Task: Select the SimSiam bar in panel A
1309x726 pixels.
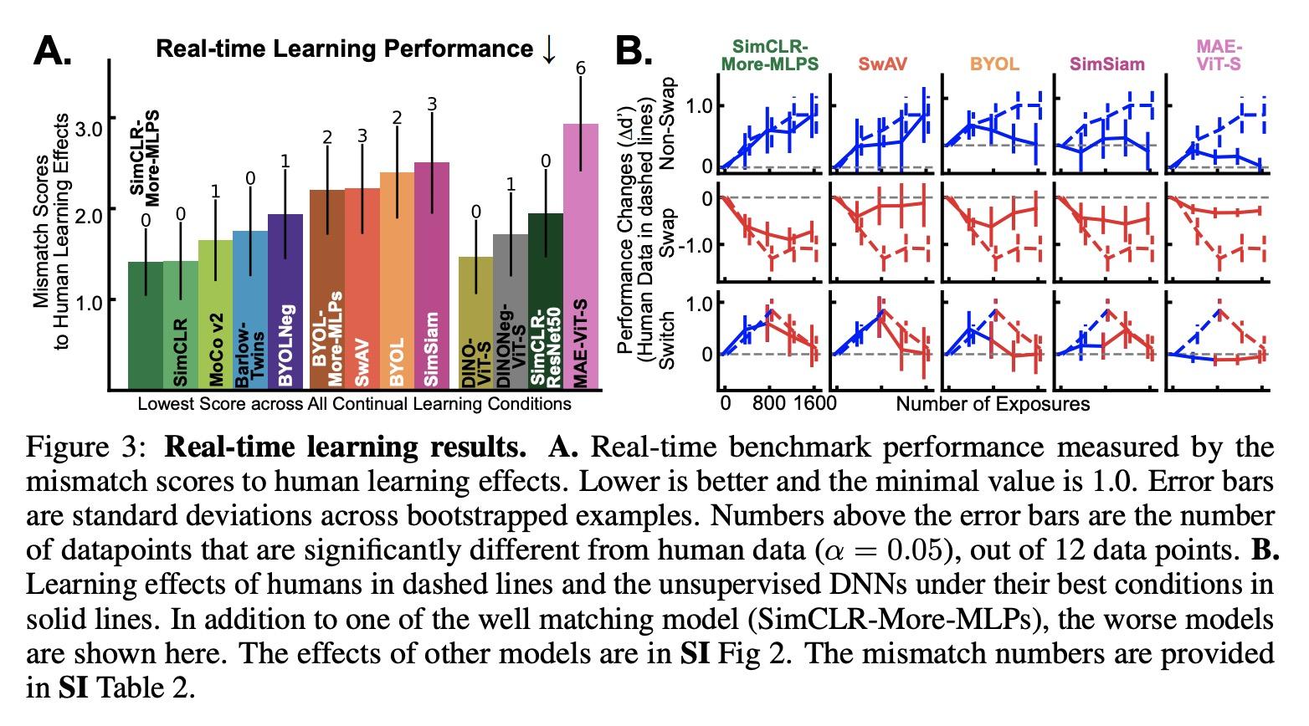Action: (432, 275)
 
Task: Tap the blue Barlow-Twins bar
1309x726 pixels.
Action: (250, 309)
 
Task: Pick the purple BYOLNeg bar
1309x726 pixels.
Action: (285, 301)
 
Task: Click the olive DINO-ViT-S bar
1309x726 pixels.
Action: (475, 322)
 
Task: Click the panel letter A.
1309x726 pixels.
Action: (52, 52)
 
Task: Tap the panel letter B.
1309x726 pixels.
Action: (634, 52)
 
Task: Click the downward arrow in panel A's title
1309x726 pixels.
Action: (549, 49)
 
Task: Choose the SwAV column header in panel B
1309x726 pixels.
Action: (882, 63)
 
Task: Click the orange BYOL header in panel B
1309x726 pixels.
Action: (994, 63)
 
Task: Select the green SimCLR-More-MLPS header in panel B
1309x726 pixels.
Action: (774, 54)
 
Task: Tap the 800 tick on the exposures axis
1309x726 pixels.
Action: (768, 404)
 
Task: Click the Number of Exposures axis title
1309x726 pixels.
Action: (993, 404)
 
